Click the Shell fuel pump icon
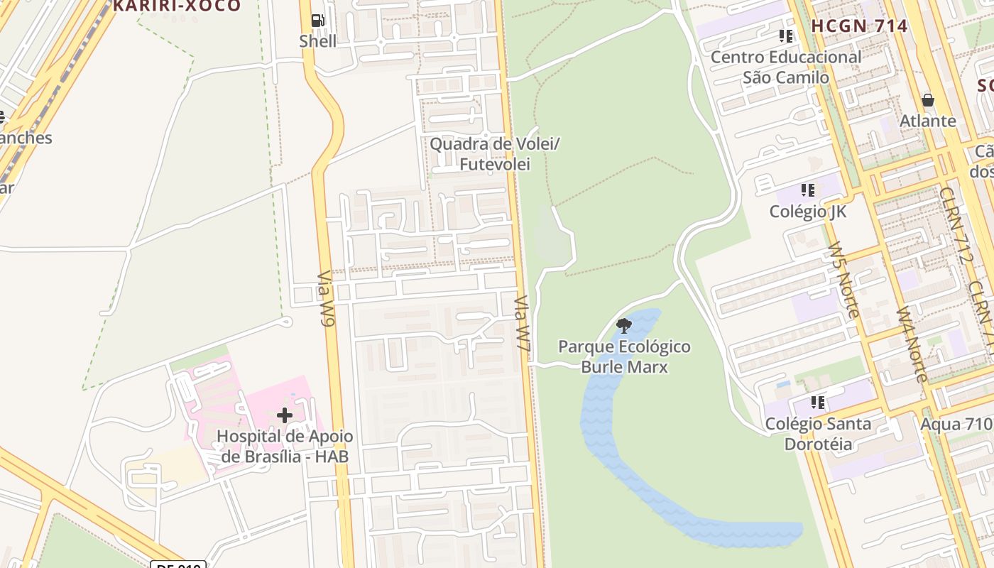point(318,21)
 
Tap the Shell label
point(317,40)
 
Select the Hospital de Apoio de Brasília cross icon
point(285,415)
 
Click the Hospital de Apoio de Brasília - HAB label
point(285,447)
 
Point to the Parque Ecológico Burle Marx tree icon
point(624,326)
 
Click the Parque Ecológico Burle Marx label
point(624,357)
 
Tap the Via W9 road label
point(326,299)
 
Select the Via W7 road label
point(523,324)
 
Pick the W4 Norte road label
point(912,344)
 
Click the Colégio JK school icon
point(807,190)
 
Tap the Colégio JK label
point(807,212)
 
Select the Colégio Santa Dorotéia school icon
point(818,403)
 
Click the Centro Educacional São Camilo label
point(786,67)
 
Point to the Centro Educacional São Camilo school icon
point(785,35)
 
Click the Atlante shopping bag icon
point(927,100)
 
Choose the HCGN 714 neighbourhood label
point(859,26)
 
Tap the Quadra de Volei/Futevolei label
point(495,154)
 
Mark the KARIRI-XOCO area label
point(177,6)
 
